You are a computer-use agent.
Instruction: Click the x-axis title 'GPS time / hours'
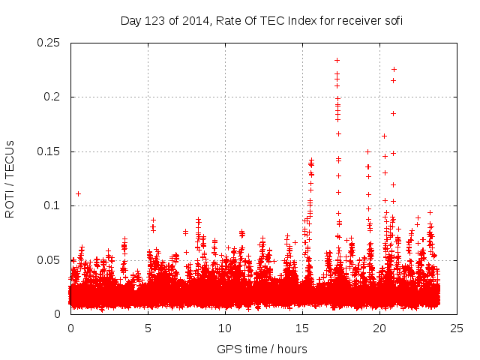[262, 349]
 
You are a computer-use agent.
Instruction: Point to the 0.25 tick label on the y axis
[49, 43]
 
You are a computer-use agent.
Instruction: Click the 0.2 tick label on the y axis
[52, 97]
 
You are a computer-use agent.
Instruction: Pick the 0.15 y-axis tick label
[49, 151]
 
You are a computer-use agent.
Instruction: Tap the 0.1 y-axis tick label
[52, 205]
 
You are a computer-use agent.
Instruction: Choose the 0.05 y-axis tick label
[49, 259]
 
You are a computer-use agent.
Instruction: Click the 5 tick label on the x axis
[148, 328]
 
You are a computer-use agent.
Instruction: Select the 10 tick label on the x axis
[225, 328]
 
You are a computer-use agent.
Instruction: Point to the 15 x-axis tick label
[302, 328]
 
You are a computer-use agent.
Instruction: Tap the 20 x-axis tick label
[379, 328]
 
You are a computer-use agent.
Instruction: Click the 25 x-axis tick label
[457, 328]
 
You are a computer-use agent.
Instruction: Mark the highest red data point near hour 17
[337, 60]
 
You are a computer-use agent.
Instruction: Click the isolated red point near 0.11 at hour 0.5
[78, 193]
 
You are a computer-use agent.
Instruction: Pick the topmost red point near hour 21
[394, 69]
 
